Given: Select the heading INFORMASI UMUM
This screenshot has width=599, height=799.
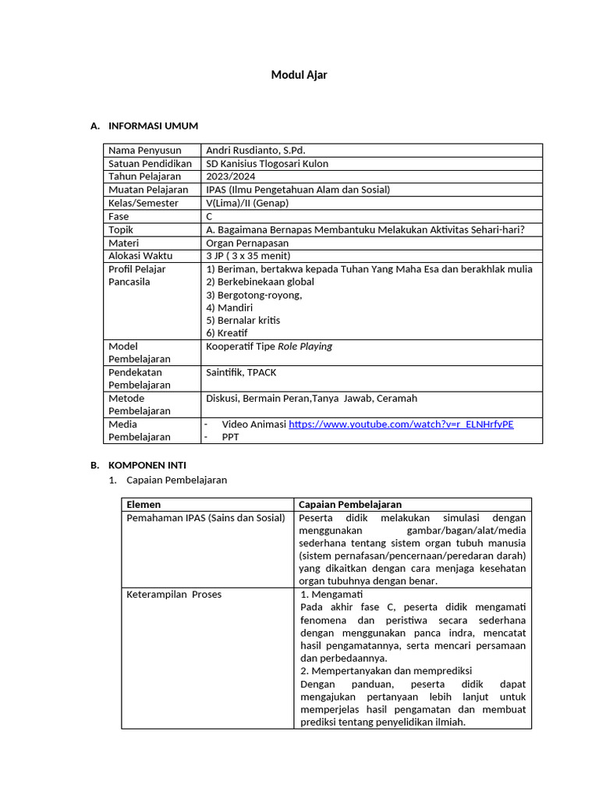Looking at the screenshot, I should point(153,126).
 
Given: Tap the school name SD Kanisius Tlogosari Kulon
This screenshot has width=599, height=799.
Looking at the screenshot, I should point(267,164).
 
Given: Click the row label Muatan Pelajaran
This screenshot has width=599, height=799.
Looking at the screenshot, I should point(148,190).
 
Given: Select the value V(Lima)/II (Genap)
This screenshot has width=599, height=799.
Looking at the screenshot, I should point(247,203).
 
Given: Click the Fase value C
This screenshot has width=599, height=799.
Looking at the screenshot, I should point(209,216).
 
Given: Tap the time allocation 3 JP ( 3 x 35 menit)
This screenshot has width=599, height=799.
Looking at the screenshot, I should point(248,256).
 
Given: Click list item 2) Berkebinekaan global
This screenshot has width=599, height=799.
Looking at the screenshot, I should point(260,282).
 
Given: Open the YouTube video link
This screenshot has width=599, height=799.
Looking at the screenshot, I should point(401,424).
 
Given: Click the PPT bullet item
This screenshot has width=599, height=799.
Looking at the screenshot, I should point(230,437).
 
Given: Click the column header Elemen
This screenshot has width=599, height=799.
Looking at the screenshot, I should point(144,505).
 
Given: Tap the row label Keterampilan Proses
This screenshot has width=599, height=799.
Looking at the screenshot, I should point(174,595).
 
